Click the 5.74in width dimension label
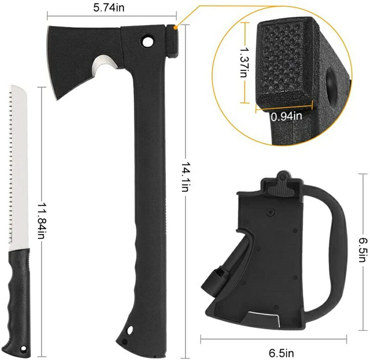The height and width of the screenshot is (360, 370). tap(109, 7)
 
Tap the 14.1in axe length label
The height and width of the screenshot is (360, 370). tap(185, 177)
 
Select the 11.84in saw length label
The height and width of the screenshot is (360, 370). tap(41, 220)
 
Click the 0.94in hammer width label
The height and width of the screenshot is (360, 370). tap(286, 116)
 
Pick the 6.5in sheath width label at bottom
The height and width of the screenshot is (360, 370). tap(281, 353)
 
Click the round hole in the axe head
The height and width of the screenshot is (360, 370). tap(148, 42)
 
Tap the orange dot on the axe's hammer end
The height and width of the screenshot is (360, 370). tap(175, 28)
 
